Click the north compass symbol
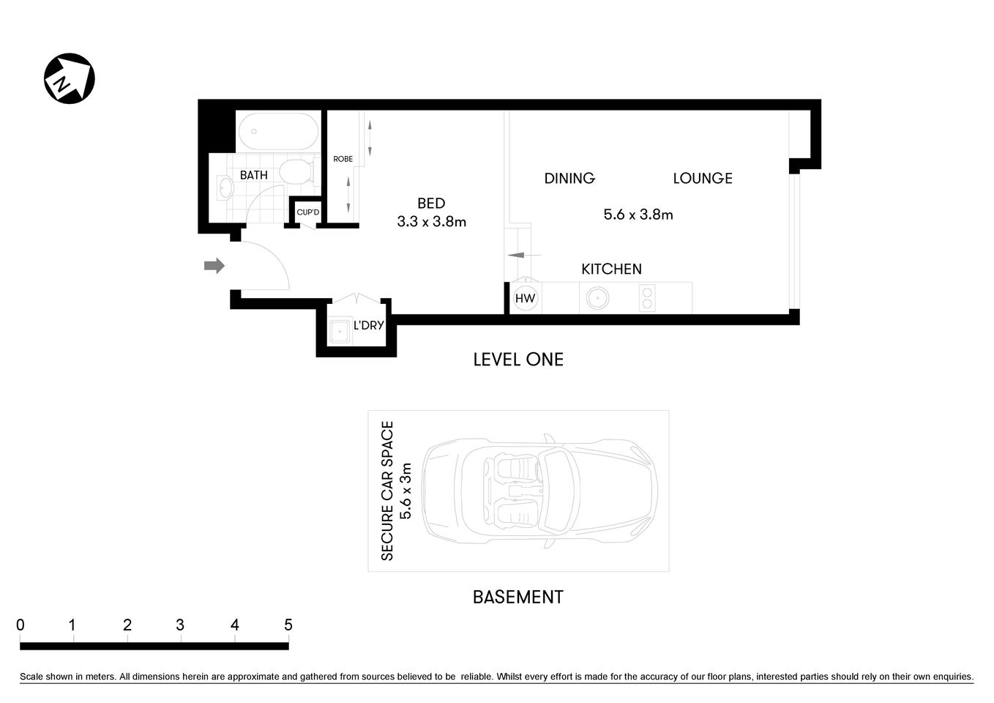tap(70, 78)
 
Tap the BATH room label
tap(254, 175)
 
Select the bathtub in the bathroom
tap(278, 132)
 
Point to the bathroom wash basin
tap(224, 188)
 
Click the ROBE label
tap(343, 159)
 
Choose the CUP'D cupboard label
tap(307, 213)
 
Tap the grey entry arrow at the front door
tap(214, 266)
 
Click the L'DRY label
tap(368, 325)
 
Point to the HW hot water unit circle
tap(525, 298)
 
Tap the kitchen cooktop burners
tap(647, 298)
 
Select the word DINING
tap(569, 178)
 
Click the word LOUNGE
tap(702, 178)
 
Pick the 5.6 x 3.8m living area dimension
tap(638, 215)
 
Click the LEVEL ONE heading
tap(518, 360)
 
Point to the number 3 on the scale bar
tap(180, 625)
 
